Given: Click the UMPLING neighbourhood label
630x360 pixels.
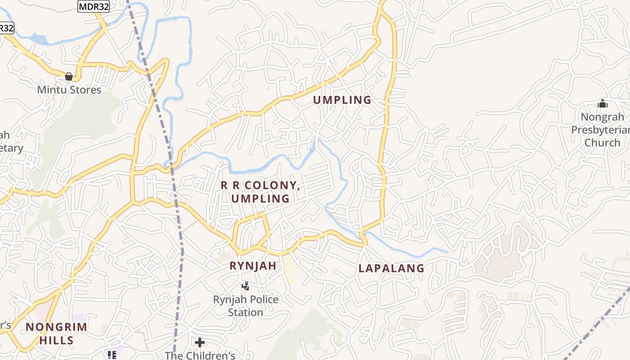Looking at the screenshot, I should pos(342,100).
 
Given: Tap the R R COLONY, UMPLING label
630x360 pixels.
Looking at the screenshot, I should pos(260,192).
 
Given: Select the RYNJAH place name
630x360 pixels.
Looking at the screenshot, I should pos(253,266).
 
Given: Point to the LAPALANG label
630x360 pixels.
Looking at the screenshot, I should pos(391,269).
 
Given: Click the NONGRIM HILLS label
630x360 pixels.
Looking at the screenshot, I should pos(56,333).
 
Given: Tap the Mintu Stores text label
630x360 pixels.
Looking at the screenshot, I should pos(69,90).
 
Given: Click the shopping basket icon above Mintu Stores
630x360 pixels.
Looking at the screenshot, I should pos(69,77).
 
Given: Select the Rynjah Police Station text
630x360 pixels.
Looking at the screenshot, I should pos(246,306).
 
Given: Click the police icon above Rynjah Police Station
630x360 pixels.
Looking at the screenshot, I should pos(246,286).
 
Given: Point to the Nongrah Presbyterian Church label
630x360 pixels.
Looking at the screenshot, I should pos(602,130).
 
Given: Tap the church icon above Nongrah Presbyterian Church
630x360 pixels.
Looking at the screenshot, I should pos(603,104).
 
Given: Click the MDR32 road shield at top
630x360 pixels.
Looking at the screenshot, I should pos(94,6).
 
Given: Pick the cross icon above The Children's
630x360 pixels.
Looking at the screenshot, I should pos(200,342).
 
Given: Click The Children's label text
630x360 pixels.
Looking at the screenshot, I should pos(200,355).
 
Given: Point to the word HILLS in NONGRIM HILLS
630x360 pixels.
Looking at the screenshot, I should pos(56,340).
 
